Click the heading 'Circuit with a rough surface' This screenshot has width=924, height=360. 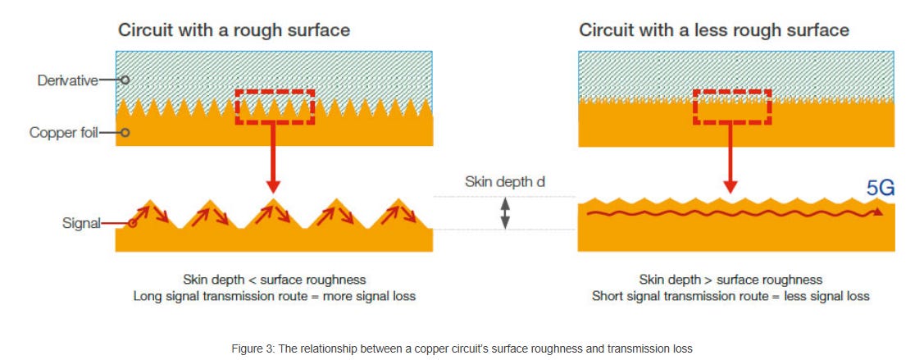[x=234, y=31]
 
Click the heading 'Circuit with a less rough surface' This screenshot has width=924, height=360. [x=713, y=31]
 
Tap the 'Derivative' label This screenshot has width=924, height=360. [x=67, y=80]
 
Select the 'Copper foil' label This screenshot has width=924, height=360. [x=63, y=132]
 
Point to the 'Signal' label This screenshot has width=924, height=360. [x=82, y=223]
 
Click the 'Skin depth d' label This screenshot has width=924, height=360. [x=504, y=181]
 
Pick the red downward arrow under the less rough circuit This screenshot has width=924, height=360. [x=731, y=162]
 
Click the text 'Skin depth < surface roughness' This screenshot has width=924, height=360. [x=274, y=280]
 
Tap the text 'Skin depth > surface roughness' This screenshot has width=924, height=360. [x=730, y=280]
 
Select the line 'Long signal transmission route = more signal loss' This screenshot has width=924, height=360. [x=274, y=296]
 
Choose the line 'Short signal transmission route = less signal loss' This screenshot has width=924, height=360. [x=730, y=296]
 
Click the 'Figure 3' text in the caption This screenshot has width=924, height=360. [x=252, y=349]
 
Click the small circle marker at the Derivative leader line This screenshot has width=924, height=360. [x=125, y=80]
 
